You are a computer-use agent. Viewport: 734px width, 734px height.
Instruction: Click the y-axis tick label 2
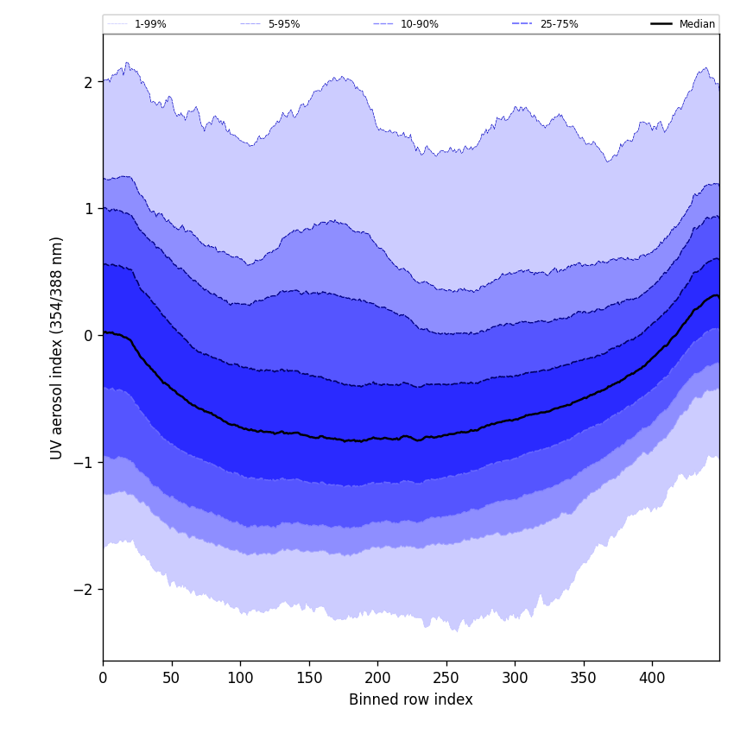pos(87,82)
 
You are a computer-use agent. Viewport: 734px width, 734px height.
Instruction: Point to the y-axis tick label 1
pos(87,209)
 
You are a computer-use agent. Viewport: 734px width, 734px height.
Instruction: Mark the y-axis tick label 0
pos(87,335)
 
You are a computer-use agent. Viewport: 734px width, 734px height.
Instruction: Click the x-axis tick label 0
pos(103,678)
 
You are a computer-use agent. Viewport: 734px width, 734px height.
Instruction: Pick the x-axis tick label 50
pos(172,678)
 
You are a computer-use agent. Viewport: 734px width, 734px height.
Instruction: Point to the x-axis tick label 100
pos(240,678)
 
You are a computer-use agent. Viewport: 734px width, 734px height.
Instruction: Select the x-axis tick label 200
pos(377,678)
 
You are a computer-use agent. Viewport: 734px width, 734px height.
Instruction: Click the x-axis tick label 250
pos(446,678)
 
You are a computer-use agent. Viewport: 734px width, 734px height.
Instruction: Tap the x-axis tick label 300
pos(515,678)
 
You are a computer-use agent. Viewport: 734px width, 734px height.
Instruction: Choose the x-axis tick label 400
pos(652,678)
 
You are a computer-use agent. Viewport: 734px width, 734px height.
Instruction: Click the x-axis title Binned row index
pos(411,699)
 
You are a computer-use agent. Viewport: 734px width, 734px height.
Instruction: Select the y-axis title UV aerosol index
pos(57,347)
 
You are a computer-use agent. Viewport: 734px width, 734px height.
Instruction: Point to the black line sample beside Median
pos(661,24)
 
